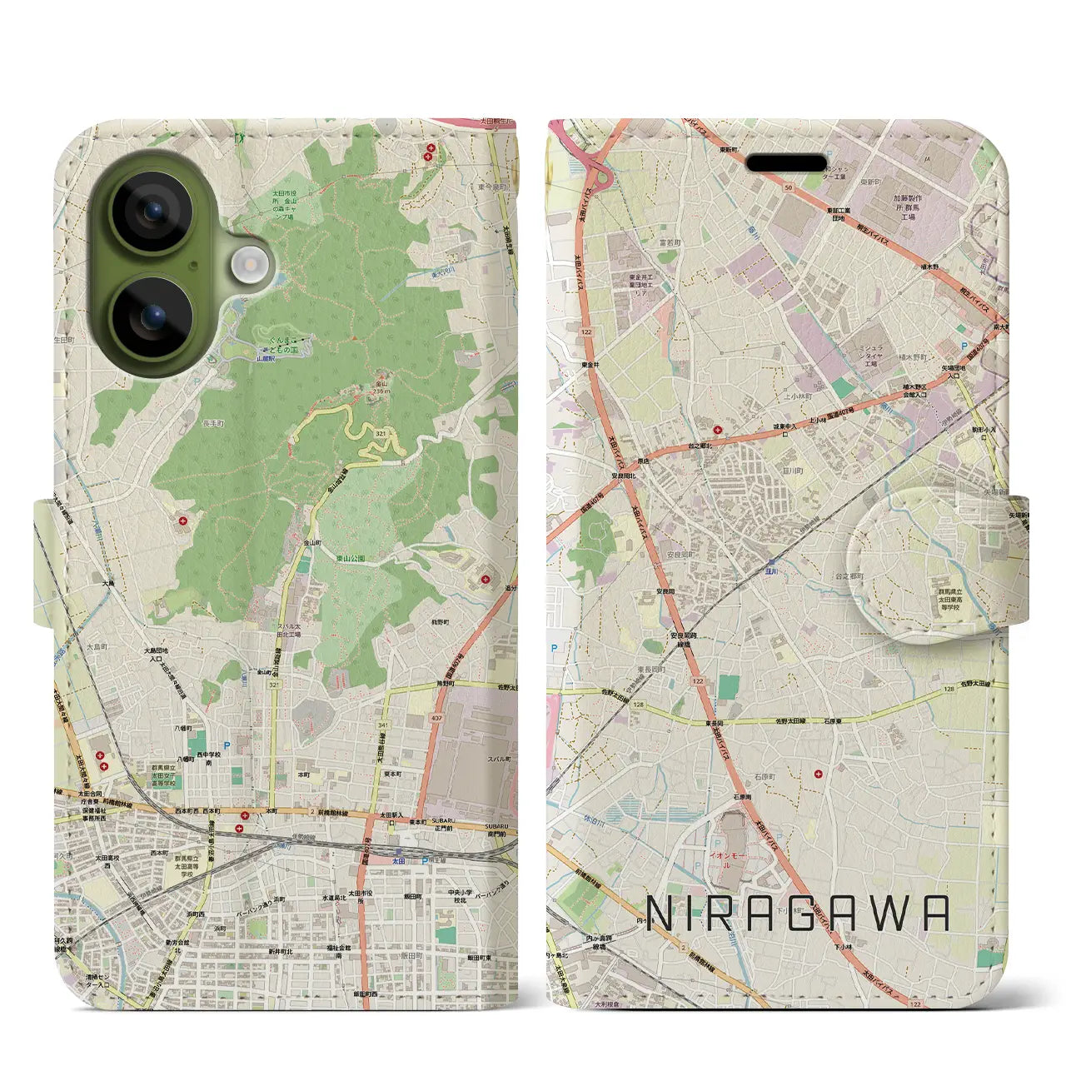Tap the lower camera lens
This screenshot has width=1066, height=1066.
152,316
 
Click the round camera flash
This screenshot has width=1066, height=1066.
247,266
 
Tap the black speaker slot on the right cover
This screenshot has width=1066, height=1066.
785,163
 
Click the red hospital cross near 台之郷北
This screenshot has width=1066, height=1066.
718,430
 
